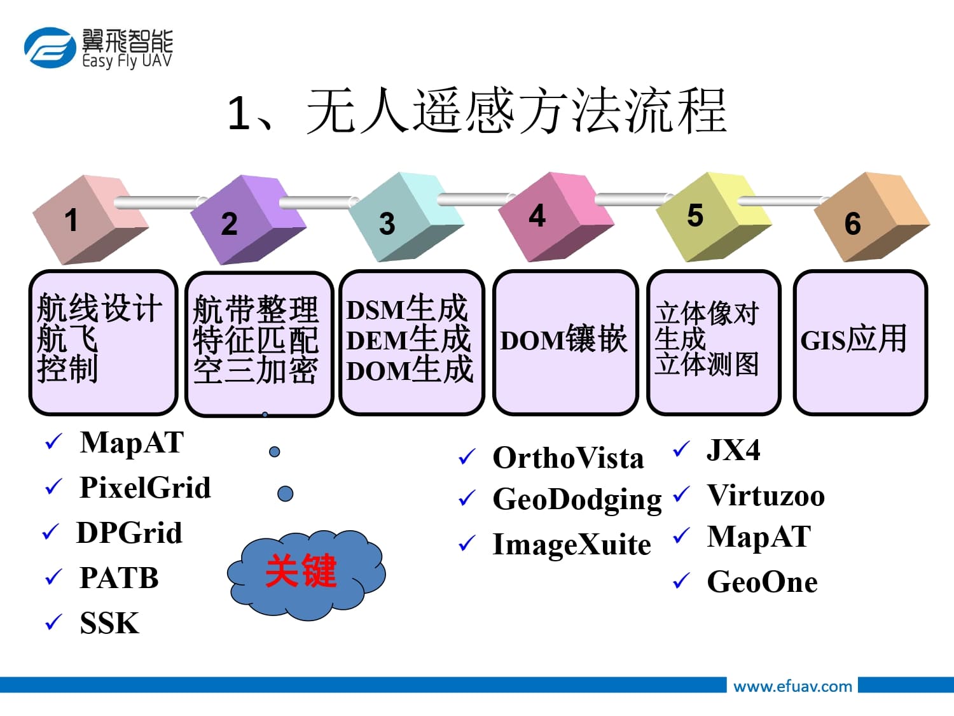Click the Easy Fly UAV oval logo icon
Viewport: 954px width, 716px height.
[x=50, y=48]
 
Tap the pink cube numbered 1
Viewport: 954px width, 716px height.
[x=90, y=220]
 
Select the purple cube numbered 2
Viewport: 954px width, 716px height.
[x=248, y=220]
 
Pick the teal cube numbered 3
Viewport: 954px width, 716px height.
[x=406, y=217]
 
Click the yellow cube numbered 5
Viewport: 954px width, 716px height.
[x=713, y=217]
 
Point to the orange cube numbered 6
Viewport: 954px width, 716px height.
[x=871, y=217]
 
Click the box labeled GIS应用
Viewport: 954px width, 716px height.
[x=861, y=342]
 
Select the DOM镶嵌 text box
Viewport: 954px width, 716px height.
[x=565, y=342]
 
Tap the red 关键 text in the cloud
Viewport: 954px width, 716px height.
[x=301, y=570]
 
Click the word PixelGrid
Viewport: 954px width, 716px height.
[x=145, y=488]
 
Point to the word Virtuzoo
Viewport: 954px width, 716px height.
[x=766, y=496]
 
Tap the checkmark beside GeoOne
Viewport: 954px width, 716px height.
[x=681, y=581]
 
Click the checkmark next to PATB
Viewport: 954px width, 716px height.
[x=53, y=577]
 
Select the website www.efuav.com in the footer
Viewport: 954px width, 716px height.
[x=792, y=687]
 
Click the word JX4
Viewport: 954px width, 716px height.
[x=734, y=449]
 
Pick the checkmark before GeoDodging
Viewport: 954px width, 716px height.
[x=467, y=498]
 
